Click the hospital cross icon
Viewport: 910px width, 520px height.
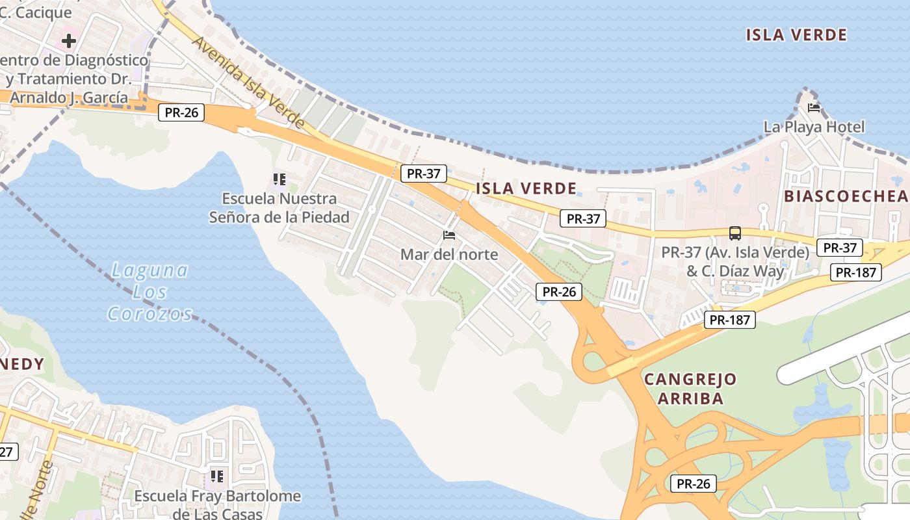pos(68,42)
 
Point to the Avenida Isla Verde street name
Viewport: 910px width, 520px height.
pos(248,81)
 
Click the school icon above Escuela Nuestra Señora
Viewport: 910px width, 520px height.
pos(279,179)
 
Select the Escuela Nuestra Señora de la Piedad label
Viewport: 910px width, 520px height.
pos(279,208)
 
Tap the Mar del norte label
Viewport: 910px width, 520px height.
pos(449,254)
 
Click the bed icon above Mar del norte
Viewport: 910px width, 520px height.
pos(449,235)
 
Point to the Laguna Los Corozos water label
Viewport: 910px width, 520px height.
pos(149,292)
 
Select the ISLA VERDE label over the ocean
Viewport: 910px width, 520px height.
pos(796,35)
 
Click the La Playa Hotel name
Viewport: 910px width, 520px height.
pos(814,127)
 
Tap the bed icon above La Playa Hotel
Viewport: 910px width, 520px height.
pos(814,108)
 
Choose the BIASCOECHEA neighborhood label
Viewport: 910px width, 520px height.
pos(846,196)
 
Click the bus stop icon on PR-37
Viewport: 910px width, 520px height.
pos(735,233)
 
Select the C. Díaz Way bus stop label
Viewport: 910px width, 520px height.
pos(735,261)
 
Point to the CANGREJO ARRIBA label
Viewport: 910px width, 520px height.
pos(690,389)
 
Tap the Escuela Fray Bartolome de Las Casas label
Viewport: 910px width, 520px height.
pos(218,505)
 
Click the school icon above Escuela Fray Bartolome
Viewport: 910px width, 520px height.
pos(218,476)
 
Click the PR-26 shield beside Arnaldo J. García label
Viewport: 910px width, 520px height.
pos(181,112)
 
